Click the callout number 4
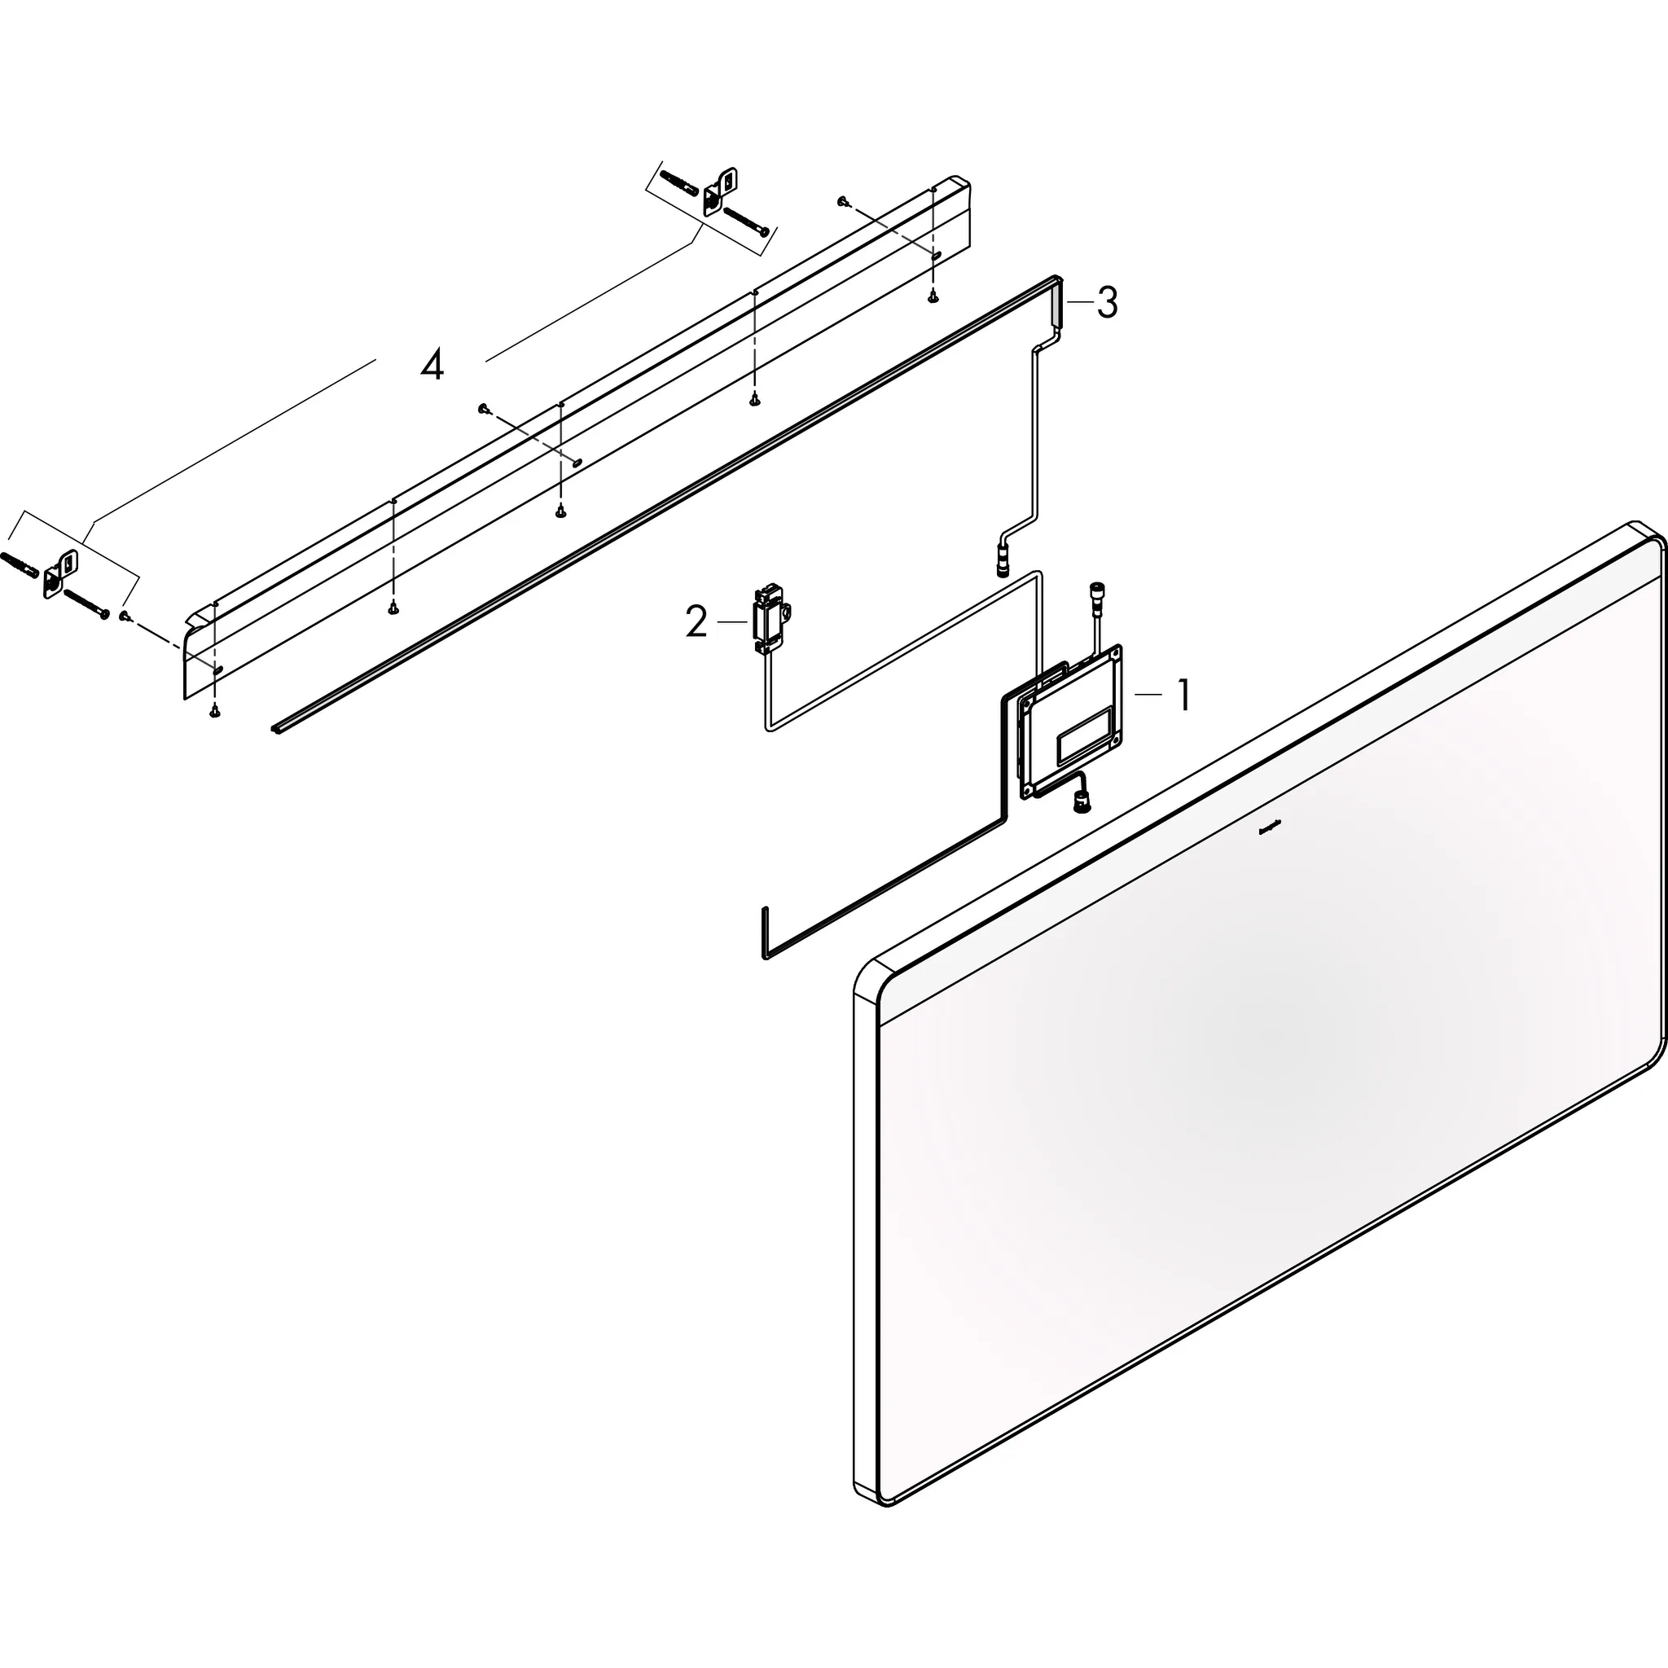[432, 366]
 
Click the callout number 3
[1107, 303]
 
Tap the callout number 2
[696, 621]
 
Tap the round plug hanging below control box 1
[1080, 803]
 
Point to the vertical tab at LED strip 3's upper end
[1058, 303]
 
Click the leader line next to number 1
[1148, 693]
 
